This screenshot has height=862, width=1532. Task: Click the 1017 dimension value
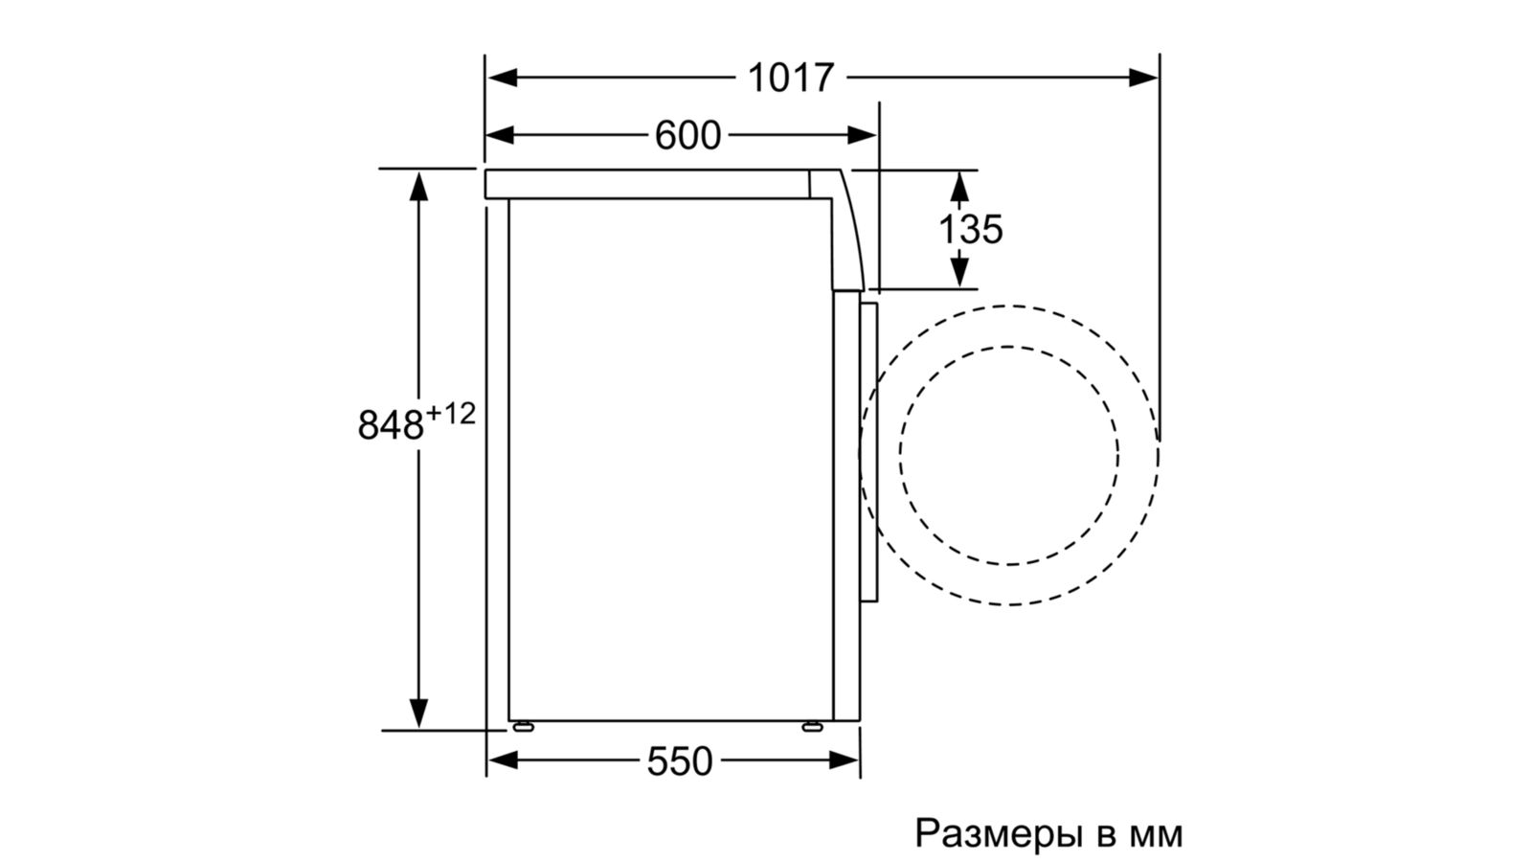791,78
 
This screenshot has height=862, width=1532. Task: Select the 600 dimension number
687,135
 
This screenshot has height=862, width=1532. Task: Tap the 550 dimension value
679,760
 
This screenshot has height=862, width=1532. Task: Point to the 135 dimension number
971,229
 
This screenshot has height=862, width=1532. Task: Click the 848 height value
391,425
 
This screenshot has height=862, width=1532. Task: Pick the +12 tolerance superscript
450,414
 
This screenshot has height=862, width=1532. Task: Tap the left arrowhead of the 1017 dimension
502,78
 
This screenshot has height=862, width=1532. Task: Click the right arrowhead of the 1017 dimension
1143,78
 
